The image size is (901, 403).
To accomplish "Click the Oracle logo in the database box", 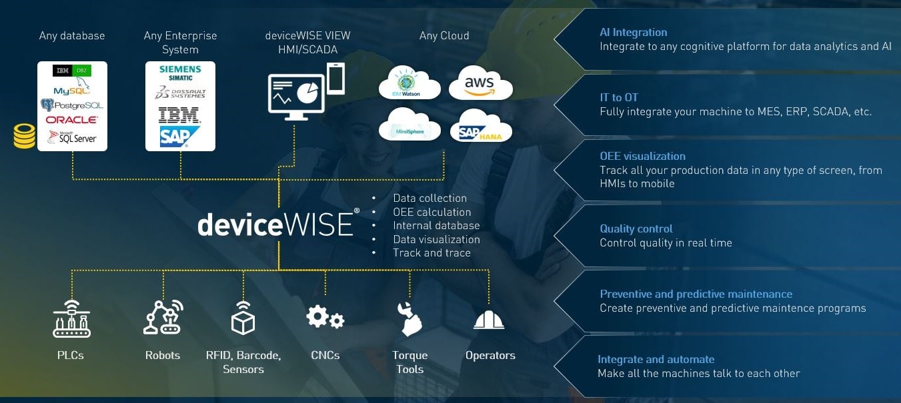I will click(x=71, y=120).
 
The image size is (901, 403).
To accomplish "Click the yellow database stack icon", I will click(x=24, y=135).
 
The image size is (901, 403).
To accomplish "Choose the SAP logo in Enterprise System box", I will click(x=179, y=137).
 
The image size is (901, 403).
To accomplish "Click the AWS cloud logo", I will click(x=480, y=85).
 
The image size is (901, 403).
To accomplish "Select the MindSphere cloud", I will click(x=409, y=127).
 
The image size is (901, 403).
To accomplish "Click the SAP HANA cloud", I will click(x=480, y=128).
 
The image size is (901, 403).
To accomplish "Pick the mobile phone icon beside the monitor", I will click(x=335, y=79).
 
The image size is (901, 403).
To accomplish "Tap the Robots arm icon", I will click(x=163, y=318).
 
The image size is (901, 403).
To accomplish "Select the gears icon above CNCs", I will click(x=325, y=318).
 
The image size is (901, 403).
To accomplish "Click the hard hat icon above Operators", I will click(x=489, y=320).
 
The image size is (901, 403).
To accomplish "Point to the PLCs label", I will click(x=71, y=355).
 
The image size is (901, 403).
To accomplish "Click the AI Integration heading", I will click(x=633, y=32).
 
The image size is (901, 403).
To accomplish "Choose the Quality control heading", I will click(x=636, y=228).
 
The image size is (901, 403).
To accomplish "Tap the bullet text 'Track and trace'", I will click(x=431, y=252).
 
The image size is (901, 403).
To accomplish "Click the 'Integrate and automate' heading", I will click(x=656, y=359).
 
